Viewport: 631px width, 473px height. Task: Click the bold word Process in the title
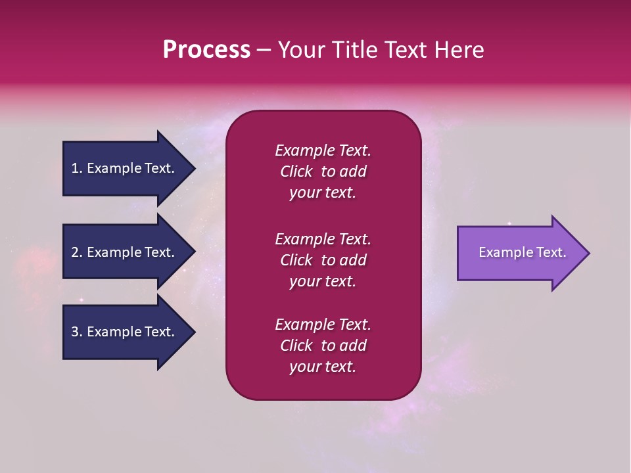coord(206,50)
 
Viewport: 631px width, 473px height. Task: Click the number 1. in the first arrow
coord(76,168)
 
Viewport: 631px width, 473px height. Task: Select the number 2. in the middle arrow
coord(76,252)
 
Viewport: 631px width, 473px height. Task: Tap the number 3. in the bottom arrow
coord(76,332)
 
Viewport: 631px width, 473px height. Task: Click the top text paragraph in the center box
coord(323,171)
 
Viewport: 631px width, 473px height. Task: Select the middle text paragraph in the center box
coord(323,260)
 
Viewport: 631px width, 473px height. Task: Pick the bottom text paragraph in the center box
coord(323,346)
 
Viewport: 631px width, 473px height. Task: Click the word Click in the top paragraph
coord(296,171)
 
